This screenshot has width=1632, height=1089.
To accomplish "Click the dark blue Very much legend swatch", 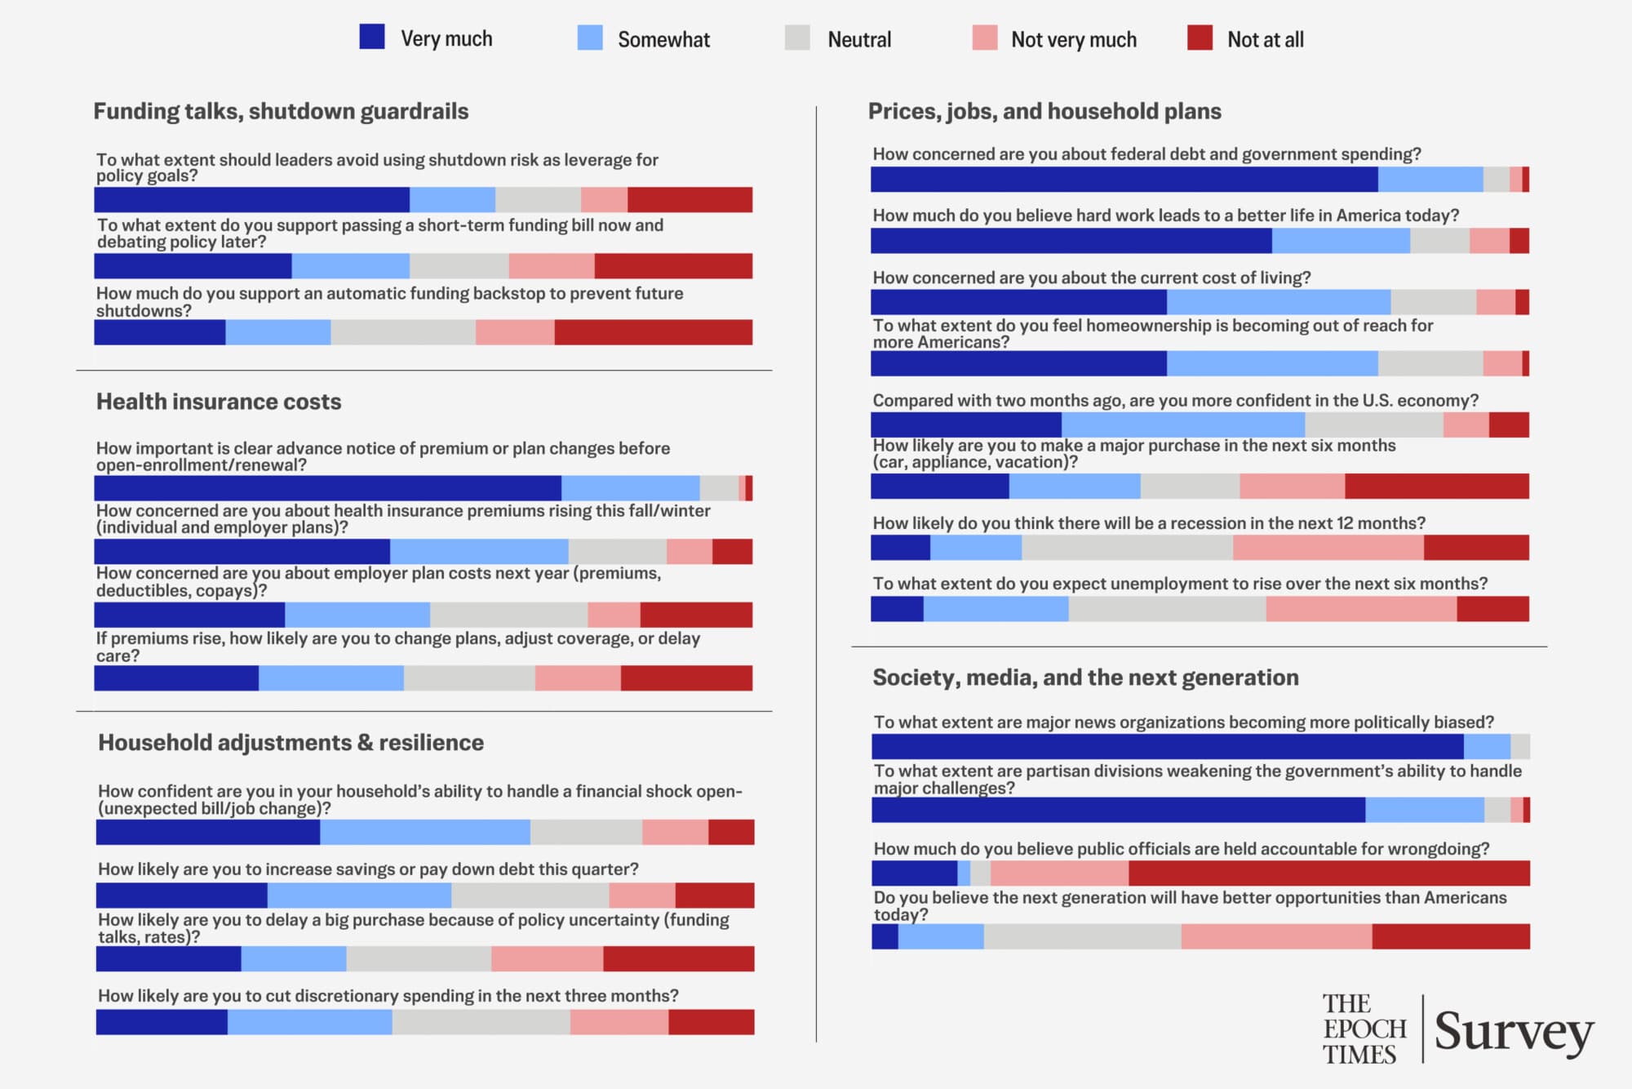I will pyautogui.click(x=372, y=37).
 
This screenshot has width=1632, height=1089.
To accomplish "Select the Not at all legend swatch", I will pyautogui.click(x=1200, y=38).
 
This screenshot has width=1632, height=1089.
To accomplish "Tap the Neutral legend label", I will pyautogui.click(x=858, y=39).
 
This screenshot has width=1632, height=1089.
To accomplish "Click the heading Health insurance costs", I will pyautogui.click(x=219, y=402).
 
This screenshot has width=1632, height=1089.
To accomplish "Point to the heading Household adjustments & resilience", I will pyautogui.click(x=290, y=742).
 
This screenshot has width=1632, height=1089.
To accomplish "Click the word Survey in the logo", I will pyautogui.click(x=1514, y=1031).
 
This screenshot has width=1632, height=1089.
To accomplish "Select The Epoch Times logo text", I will pyautogui.click(x=1364, y=1029).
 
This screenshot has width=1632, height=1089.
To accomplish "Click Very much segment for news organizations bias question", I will pyautogui.click(x=1167, y=746).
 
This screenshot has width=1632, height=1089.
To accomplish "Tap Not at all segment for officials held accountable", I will pyautogui.click(x=1328, y=873).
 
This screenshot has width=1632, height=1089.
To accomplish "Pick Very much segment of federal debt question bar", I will pyautogui.click(x=1124, y=180).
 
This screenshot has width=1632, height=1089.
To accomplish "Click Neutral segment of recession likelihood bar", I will pyautogui.click(x=1127, y=548).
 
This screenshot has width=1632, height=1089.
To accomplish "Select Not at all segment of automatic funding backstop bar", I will pyautogui.click(x=653, y=332).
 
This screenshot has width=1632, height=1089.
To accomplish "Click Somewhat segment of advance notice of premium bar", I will pyautogui.click(x=630, y=488).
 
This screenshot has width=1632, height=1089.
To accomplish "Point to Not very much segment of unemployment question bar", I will pyautogui.click(x=1361, y=609).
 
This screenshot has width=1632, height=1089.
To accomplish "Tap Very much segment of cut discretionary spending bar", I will pyautogui.click(x=162, y=1022).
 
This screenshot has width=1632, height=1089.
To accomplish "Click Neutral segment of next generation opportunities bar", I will pyautogui.click(x=1082, y=936).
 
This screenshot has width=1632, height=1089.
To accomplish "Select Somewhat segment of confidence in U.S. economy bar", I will pyautogui.click(x=1182, y=424).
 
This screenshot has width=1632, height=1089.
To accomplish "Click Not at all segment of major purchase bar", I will pyautogui.click(x=1436, y=487).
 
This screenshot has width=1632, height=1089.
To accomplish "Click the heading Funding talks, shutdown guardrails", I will pyautogui.click(x=281, y=111).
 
